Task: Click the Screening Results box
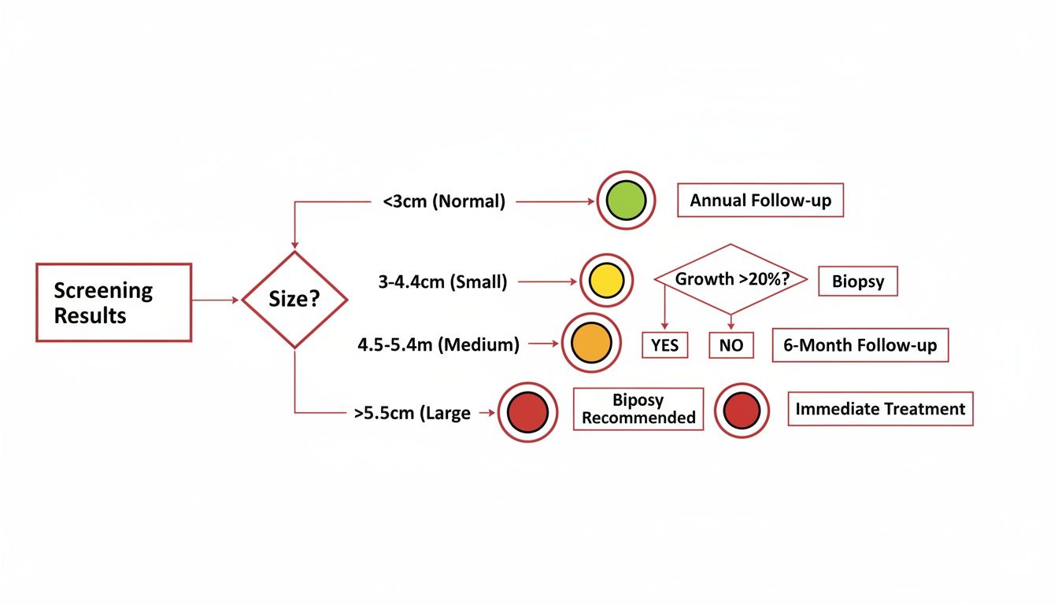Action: pos(114,303)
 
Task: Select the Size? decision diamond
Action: pos(294,300)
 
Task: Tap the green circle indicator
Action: pos(626,201)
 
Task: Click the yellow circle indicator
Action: pos(606,281)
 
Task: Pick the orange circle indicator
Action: pos(591,343)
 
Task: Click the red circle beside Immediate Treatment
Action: pos(742,411)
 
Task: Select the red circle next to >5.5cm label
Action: pos(527,412)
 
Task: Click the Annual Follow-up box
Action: pos(760,200)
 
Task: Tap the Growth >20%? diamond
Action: pos(731,279)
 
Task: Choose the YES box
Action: pos(664,345)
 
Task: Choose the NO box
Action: pos(731,345)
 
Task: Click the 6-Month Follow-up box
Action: pos(860,345)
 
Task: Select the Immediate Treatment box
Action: pos(880,409)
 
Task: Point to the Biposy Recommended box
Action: pos(638,409)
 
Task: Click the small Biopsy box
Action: pos(858,282)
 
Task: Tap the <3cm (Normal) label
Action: pos(444,201)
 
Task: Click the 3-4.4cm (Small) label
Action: pos(442,282)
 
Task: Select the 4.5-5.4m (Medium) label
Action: pos(438,345)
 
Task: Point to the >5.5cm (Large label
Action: pos(412,413)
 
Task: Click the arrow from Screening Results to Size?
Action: pos(216,300)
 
